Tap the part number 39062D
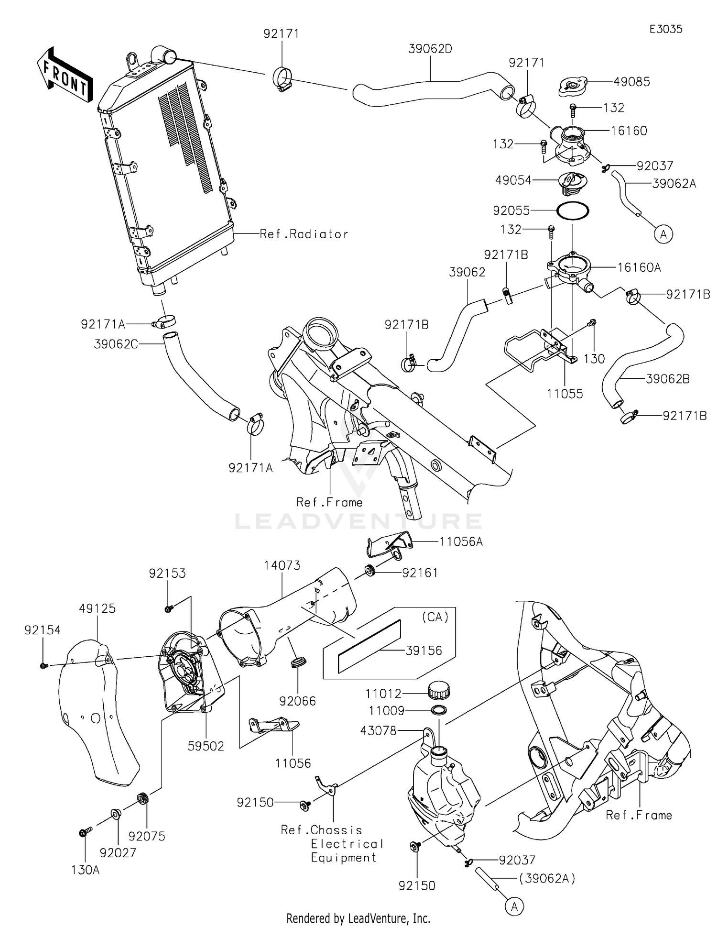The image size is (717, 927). (x=430, y=49)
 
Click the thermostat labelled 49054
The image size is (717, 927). (x=573, y=184)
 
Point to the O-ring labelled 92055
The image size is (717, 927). (x=573, y=211)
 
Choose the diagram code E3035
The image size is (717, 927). (x=665, y=29)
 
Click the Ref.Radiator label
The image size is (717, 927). (x=304, y=234)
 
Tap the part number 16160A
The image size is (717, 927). (x=639, y=267)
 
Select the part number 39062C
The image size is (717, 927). (x=116, y=344)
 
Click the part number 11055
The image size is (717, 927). (x=565, y=394)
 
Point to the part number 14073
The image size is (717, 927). (x=282, y=565)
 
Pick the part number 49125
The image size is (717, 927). (x=98, y=608)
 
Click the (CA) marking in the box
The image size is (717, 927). (x=435, y=617)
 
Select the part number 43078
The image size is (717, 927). (x=379, y=730)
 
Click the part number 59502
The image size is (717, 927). (x=206, y=746)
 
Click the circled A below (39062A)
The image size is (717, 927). (x=514, y=906)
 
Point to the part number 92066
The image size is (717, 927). (x=298, y=701)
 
